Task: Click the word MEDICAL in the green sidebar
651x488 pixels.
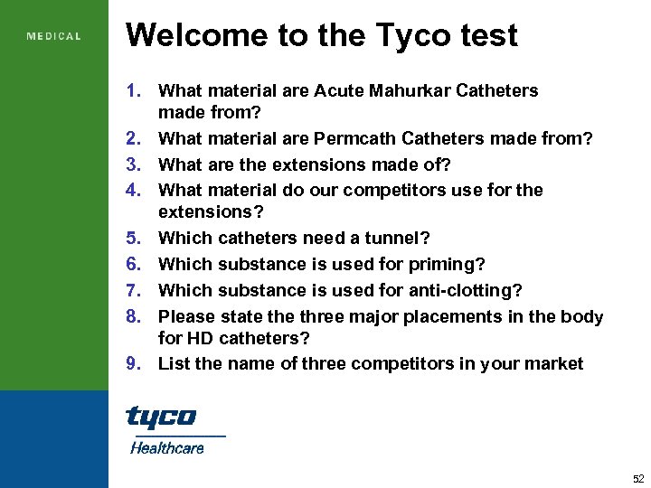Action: pyautogui.click(x=54, y=37)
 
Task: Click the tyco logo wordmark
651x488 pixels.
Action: pyautogui.click(x=161, y=417)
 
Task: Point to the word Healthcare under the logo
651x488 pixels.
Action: pyautogui.click(x=167, y=447)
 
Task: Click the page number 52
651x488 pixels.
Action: pyautogui.click(x=638, y=478)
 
